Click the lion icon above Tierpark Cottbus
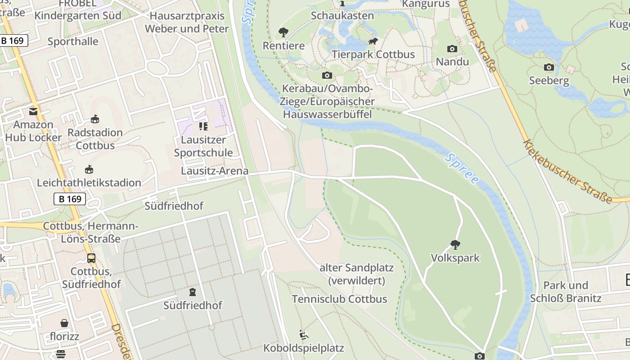coord(373,41)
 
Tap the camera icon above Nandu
coord(452,49)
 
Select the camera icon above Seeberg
coord(549,67)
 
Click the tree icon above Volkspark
coord(455,245)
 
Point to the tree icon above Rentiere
coord(283,32)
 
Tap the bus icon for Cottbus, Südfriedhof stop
coord(91,258)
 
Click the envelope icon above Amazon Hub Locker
coord(33,111)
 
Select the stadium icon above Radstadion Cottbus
coord(94,119)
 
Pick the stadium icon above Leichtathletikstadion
coord(89,170)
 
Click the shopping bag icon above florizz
coord(65,323)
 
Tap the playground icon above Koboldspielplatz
coord(304,335)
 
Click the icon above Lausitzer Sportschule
coord(203,126)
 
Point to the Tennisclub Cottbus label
coord(339,299)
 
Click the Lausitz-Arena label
coord(215,171)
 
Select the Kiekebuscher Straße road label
coord(568,171)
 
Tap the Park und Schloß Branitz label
coord(566,292)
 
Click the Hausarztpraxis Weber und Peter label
coord(187,22)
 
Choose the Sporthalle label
coord(73,41)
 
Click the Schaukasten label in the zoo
coord(342,15)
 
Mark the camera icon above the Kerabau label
coord(327,75)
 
